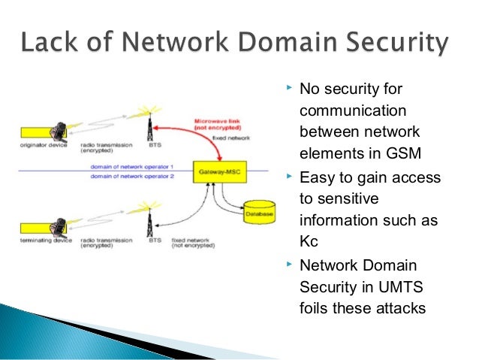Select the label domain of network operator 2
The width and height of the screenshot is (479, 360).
pos(132,175)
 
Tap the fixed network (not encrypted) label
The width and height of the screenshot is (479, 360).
pos(192,244)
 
